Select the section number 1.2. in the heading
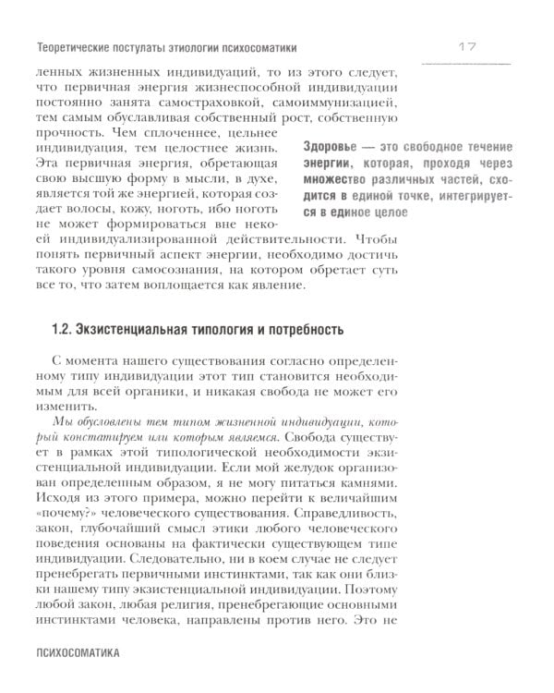pos(62,330)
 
